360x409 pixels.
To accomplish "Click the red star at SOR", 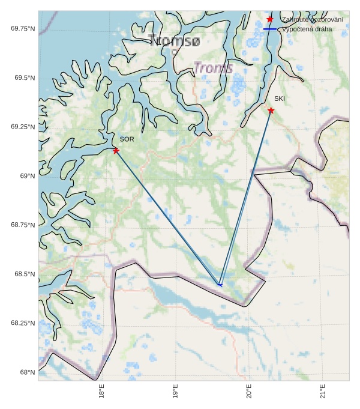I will tap(116, 150).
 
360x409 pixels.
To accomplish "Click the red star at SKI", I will tap(271, 111).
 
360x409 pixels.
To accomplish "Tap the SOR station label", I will tap(127, 139).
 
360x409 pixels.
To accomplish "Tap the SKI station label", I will tap(280, 98).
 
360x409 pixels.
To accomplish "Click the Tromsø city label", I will tap(175, 41).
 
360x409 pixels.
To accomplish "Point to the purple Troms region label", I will tap(213, 68).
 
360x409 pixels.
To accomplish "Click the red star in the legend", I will tap(270, 19).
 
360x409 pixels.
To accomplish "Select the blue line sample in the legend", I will tap(270, 29).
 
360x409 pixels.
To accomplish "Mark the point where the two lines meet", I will tap(220, 285).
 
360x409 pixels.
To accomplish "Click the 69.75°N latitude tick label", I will tap(23, 29).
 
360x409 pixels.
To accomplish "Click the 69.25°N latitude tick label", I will tap(23, 127).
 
